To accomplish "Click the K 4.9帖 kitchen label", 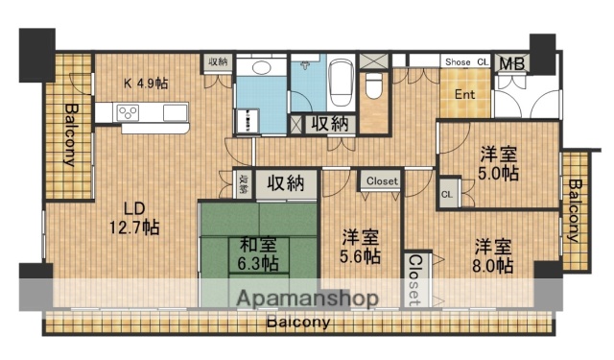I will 145,84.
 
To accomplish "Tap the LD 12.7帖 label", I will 133,219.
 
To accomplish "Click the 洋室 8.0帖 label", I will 492,254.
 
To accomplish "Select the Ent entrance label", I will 464,94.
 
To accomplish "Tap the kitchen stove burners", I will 130,113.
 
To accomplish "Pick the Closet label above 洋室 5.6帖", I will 382,180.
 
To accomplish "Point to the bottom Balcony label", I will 298,323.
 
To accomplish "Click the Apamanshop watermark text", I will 306,298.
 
